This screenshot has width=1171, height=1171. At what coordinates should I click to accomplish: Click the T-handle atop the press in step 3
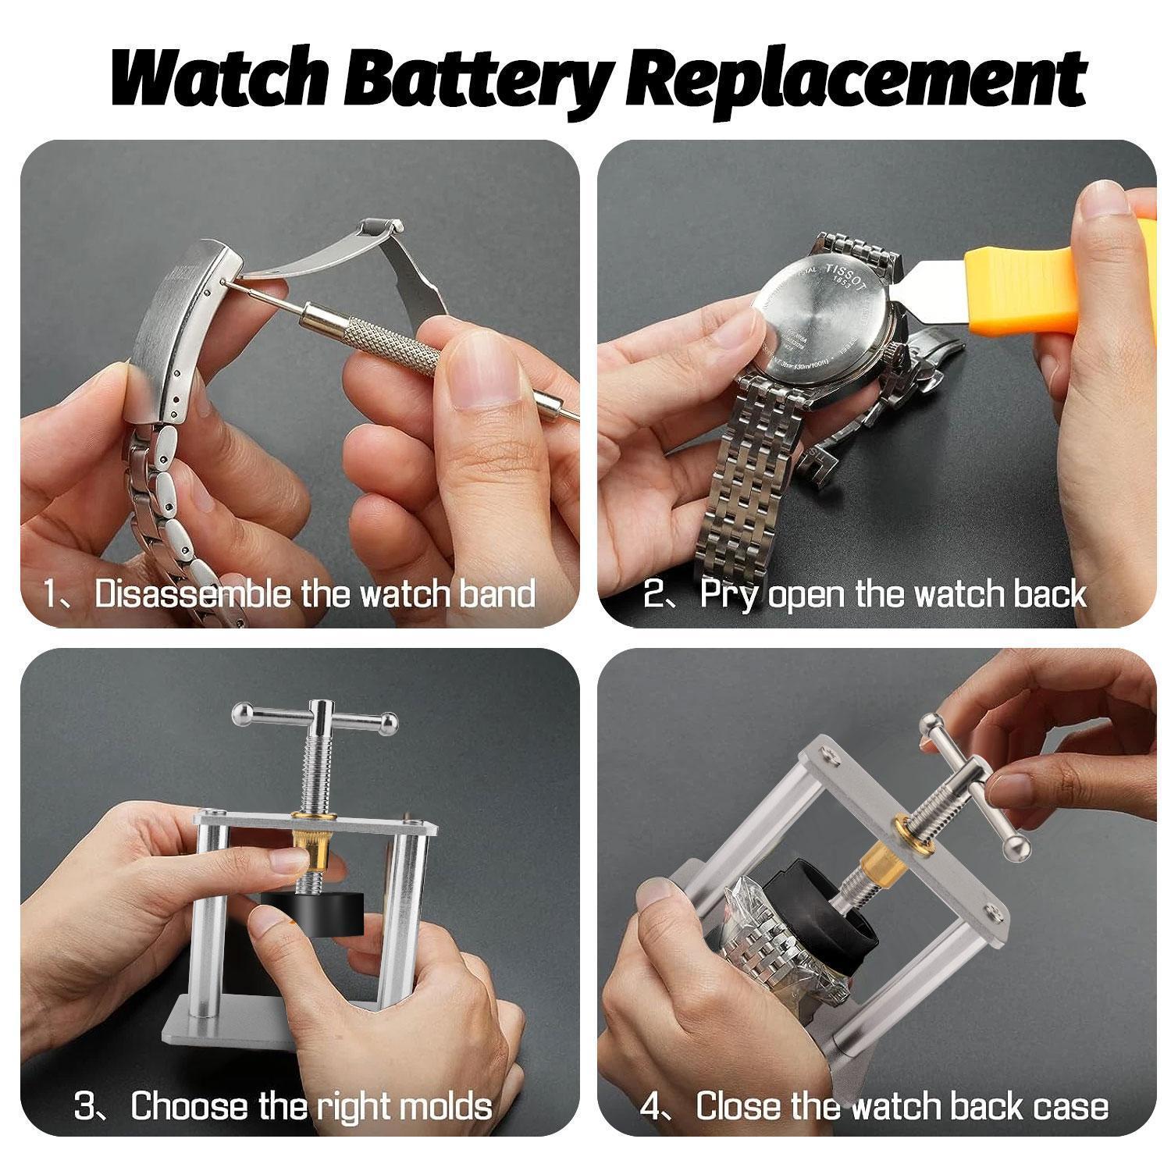pyautogui.click(x=316, y=715)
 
